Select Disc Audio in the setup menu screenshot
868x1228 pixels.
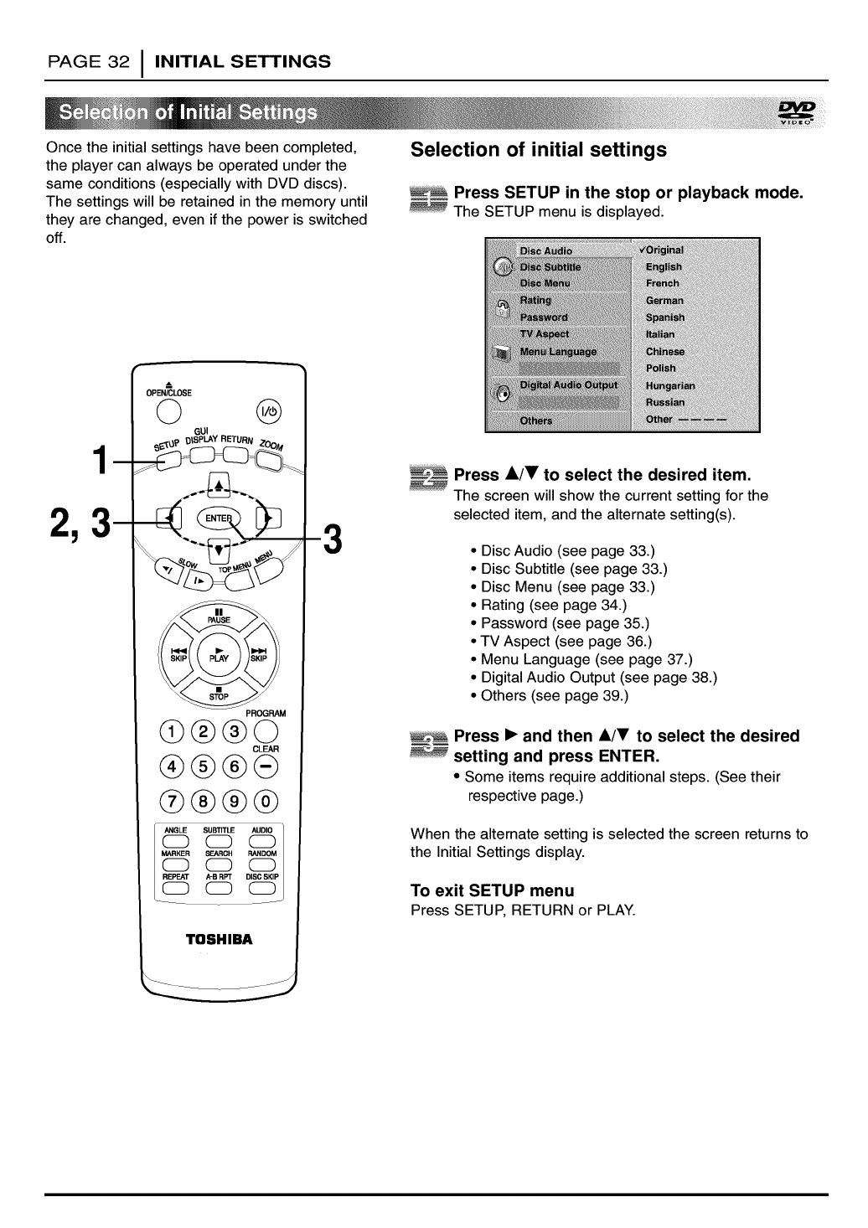[x=546, y=250]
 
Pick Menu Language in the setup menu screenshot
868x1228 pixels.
[x=558, y=352]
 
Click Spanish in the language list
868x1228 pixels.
[x=665, y=317]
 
